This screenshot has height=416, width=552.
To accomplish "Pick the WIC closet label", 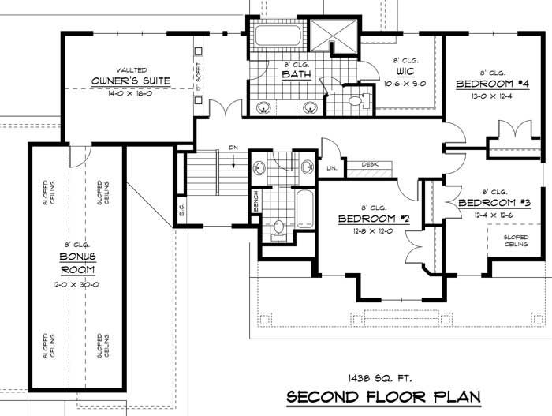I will tap(405, 71).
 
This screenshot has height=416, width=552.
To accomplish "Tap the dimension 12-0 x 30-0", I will tap(76, 282).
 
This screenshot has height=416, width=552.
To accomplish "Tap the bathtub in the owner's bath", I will tap(277, 36).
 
